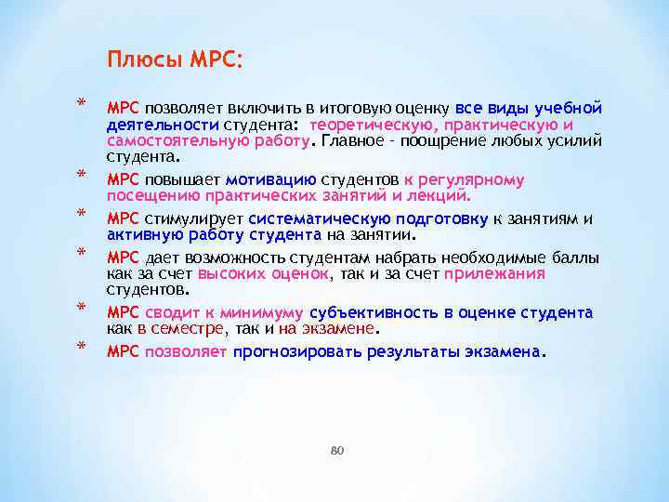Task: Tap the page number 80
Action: coord(336,450)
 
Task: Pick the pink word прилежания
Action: coord(494,273)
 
